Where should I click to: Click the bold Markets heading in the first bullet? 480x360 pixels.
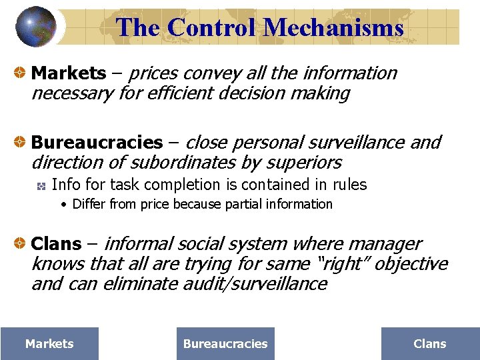point(69,73)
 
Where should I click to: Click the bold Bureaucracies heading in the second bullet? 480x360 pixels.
point(97,143)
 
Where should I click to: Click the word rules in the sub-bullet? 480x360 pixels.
point(350,185)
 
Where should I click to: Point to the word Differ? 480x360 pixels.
point(88,204)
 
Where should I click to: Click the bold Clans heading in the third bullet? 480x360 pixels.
point(57,245)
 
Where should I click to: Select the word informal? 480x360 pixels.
point(137,245)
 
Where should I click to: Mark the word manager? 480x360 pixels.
point(391,245)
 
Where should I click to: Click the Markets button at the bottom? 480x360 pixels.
point(49,344)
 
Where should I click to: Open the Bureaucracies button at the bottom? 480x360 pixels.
point(225,344)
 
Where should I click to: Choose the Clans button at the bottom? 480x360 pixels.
point(430,344)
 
